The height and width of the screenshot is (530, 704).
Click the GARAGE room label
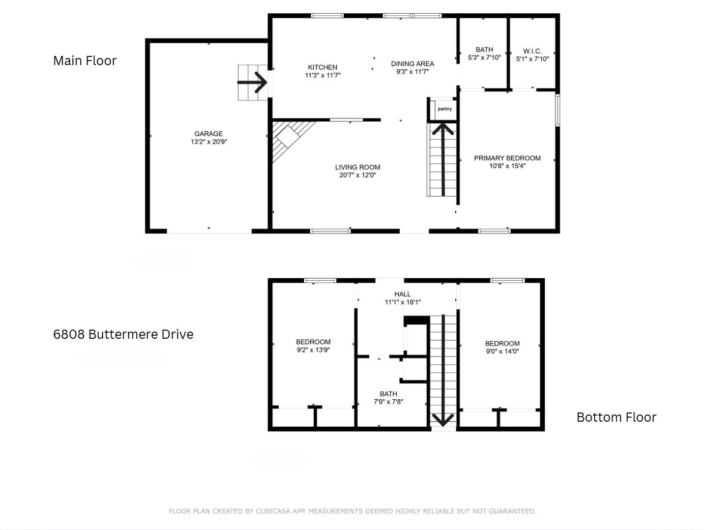pos(209,134)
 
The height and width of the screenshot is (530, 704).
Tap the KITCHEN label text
pos(322,67)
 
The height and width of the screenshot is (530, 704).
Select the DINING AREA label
pos(413,64)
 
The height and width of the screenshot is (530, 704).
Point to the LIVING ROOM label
pos(358,167)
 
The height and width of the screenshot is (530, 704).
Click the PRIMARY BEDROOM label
pos(507,158)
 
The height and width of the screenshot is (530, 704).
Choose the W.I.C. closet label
pos(533,51)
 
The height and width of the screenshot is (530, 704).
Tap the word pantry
pos(445,109)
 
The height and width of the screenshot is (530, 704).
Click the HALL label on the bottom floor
pos(402,294)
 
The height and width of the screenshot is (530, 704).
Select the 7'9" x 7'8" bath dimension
pos(388,401)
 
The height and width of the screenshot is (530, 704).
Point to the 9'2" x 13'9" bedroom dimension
pos(313,350)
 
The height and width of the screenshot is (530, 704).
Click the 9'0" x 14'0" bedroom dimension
pos(502,351)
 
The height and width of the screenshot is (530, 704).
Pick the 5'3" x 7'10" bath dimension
pos(484,57)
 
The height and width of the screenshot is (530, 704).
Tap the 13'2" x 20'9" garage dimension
pos(209,142)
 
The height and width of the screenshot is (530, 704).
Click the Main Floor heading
pos(84,61)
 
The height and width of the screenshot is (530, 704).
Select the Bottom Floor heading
pos(617,417)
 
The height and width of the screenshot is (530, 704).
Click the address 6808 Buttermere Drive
pos(123,334)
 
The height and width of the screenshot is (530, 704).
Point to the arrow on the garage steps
pos(252,82)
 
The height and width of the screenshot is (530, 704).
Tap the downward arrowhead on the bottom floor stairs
pos(443,420)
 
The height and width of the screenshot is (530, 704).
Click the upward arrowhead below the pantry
pos(443,129)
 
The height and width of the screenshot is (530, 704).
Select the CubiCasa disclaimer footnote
pos(352,511)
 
